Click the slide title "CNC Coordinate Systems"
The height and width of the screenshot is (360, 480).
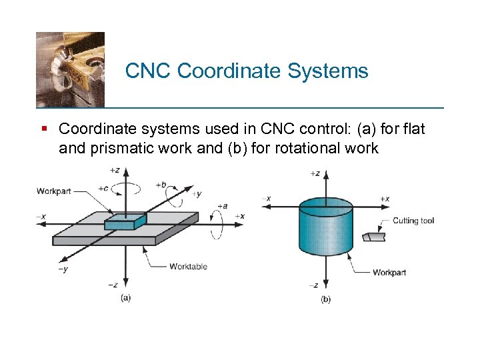247,71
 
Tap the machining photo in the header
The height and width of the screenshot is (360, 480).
70,69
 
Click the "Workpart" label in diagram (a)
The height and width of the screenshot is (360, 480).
53,191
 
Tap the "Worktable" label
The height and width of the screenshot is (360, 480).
188,267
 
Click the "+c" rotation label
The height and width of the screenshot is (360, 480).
103,188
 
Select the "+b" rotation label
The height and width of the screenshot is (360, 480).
161,184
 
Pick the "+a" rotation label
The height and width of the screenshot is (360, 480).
222,206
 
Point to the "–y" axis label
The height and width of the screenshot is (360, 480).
62,269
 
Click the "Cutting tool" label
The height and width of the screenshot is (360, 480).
413,221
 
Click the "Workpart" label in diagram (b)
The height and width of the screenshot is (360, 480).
389,273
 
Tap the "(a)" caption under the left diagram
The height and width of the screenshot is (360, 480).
125,298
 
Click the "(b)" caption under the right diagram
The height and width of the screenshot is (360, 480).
325,299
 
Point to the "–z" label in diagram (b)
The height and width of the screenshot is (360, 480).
313,285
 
